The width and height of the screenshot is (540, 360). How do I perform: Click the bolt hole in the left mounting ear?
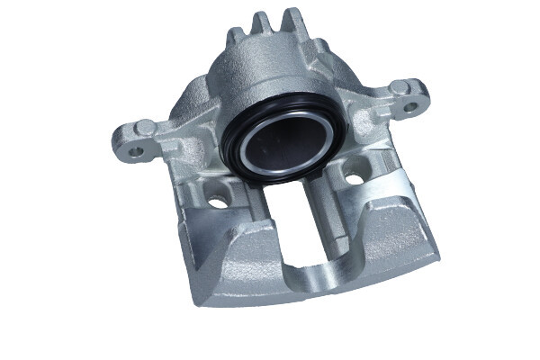tap(136, 150)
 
